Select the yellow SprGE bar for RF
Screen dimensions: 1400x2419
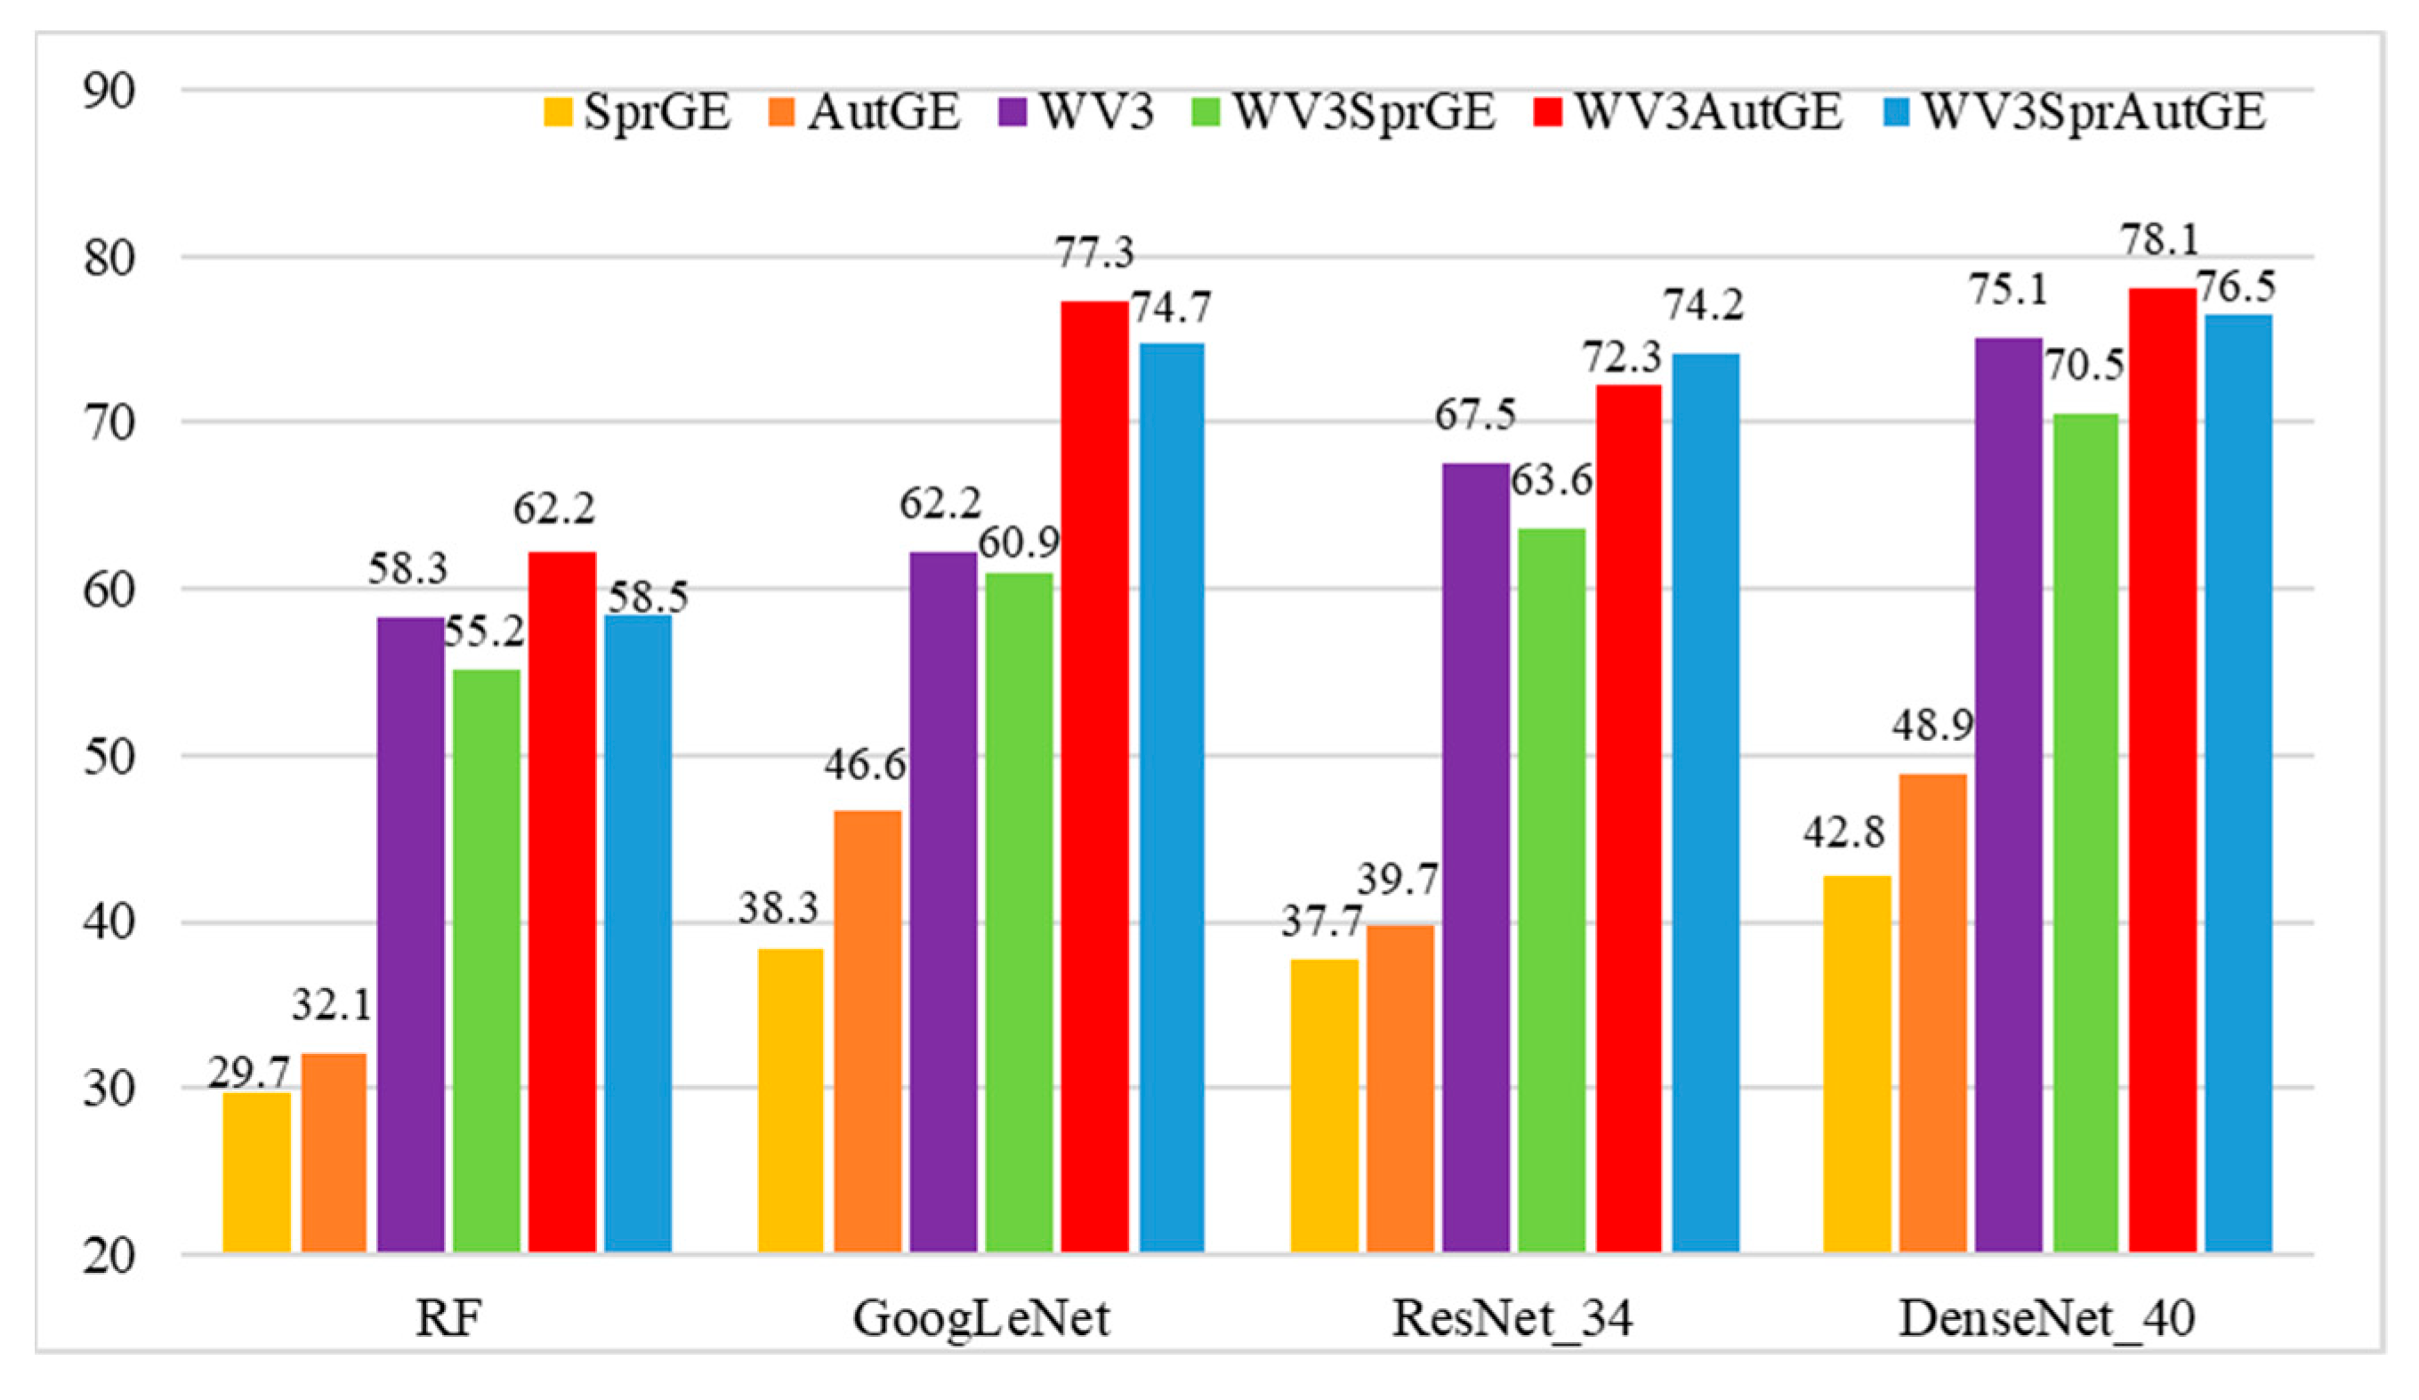(256, 1171)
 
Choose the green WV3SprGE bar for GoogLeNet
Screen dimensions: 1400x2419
(1019, 912)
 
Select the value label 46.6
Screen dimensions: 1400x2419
(864, 765)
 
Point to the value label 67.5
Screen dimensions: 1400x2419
(1475, 416)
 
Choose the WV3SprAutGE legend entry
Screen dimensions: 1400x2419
(2078, 112)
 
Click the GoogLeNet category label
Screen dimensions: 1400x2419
(981, 1319)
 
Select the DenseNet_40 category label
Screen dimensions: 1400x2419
(2046, 1319)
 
